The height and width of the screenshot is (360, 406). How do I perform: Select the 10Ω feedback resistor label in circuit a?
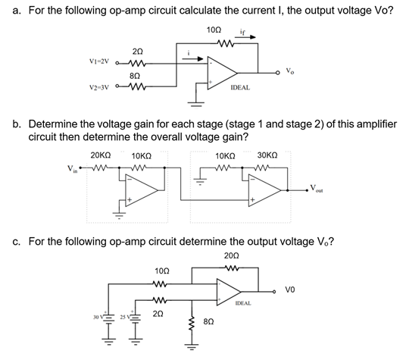(214, 29)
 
